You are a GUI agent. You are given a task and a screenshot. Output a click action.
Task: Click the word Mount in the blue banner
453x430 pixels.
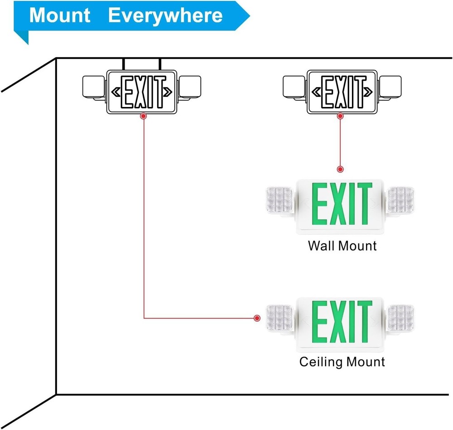[60, 15]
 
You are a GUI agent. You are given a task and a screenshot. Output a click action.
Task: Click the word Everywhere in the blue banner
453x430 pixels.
[165, 15]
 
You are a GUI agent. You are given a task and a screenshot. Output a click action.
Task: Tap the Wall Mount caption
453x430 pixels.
[342, 246]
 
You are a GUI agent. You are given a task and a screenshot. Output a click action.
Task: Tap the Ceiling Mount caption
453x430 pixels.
[342, 362]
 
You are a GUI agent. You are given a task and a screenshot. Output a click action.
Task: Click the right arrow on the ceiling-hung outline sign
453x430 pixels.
[168, 92]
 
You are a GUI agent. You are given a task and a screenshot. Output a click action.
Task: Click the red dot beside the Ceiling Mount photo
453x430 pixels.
[257, 318]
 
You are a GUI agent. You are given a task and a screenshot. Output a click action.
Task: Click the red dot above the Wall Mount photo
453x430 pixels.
[340, 169]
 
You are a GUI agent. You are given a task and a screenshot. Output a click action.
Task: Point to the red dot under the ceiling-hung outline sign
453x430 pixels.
[144, 116]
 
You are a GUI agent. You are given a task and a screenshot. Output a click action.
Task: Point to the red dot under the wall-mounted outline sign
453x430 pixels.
[340, 116]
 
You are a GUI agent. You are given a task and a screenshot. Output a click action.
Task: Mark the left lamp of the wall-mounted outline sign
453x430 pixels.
[295, 87]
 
